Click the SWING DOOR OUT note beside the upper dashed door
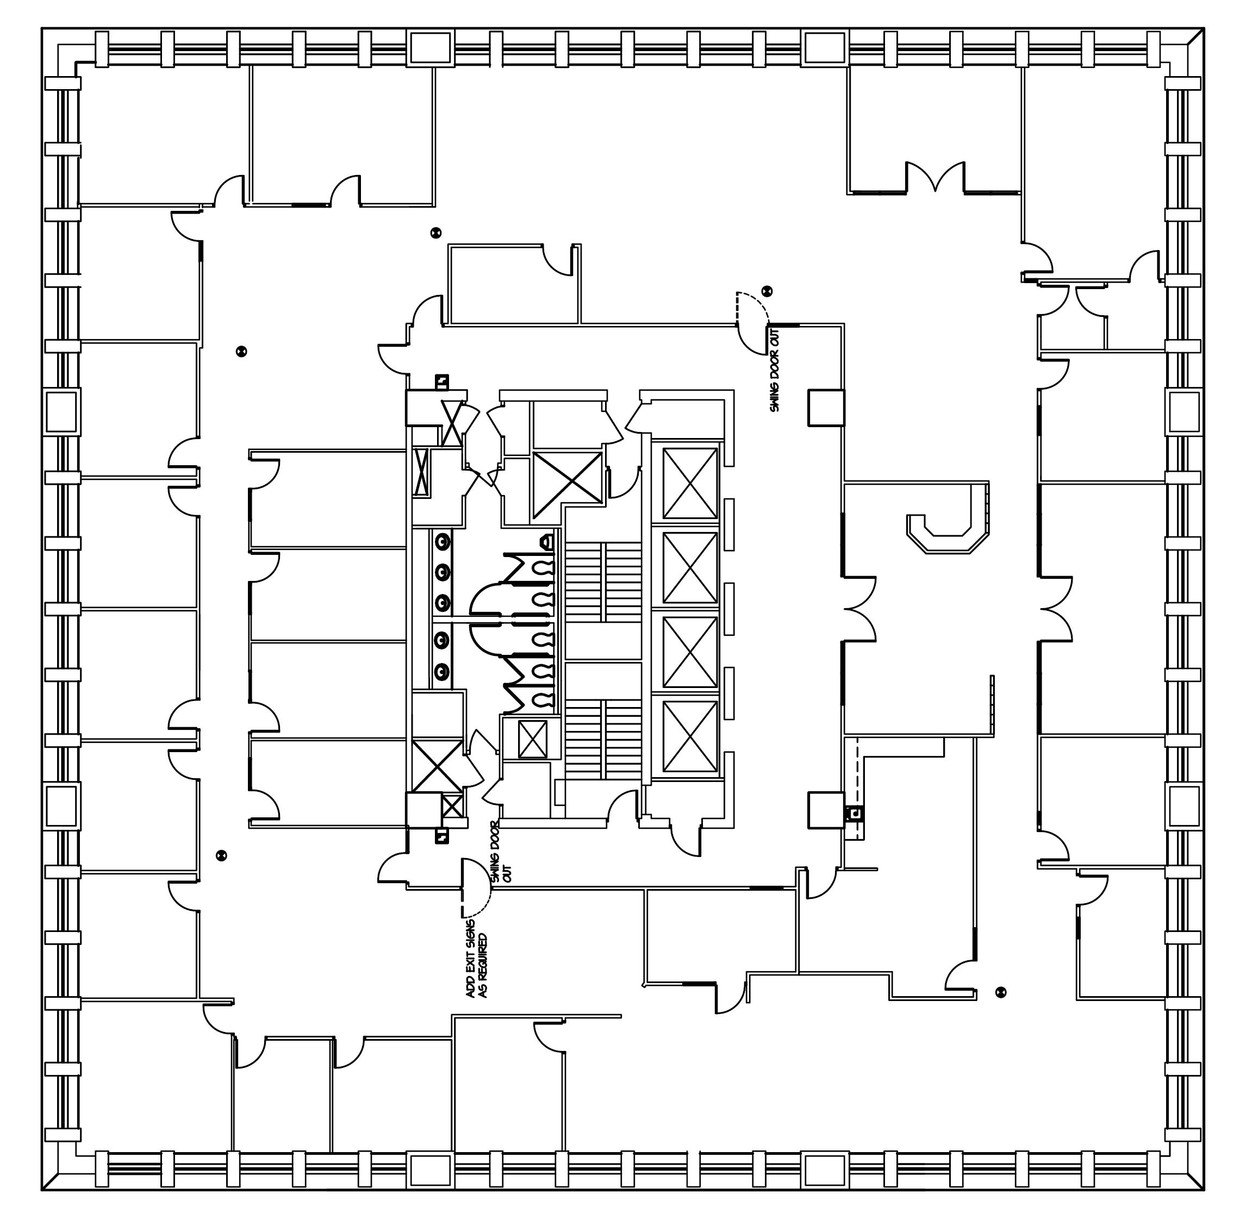pos(775,371)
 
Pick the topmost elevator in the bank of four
pos(690,484)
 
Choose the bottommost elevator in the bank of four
pos(690,736)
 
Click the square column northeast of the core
pos(826,408)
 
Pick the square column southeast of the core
pos(826,810)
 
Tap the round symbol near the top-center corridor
pos(436,233)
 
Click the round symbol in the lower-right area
pos(1001,992)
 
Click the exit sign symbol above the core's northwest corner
pos(442,382)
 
